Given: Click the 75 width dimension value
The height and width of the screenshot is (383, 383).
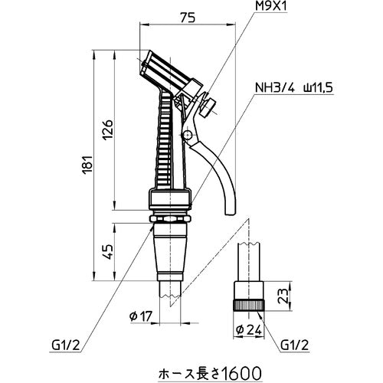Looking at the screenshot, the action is coord(188,18).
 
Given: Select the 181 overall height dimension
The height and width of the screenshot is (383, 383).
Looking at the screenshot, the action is coord(88,163).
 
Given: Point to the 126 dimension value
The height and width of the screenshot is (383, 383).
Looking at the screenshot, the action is coord(108,129).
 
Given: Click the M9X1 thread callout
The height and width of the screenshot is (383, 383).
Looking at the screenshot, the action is coord(271,6).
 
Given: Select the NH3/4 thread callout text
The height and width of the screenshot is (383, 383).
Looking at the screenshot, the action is coord(275,88).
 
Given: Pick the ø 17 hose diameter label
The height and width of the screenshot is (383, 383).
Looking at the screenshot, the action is coord(141,316).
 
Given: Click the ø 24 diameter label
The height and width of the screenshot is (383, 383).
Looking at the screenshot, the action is coord(249,330).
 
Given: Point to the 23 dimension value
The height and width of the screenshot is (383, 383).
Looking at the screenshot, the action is coord(283,296).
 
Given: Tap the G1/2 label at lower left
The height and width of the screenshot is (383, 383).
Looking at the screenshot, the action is coord(66,346).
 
